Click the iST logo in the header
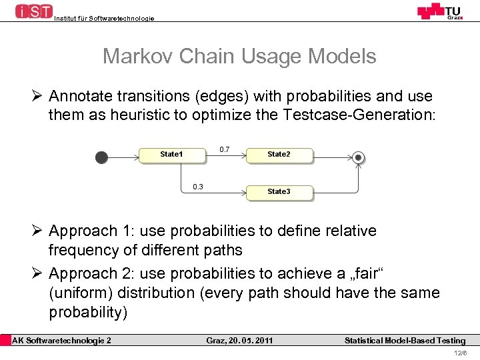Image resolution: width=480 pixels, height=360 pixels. coord(33,11)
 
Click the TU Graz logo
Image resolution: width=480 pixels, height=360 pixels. coord(440,11)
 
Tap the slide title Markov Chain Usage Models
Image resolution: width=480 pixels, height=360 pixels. coord(239,57)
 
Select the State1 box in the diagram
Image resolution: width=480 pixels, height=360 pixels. coord(171,155)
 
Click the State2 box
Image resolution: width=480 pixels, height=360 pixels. coord(279,155)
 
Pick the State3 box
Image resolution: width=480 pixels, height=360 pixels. coord(279,192)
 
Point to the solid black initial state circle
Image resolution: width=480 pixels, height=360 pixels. coord(101,157)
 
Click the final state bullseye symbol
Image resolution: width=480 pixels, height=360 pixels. coord(359,158)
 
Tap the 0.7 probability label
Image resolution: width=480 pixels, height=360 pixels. coord(225,149)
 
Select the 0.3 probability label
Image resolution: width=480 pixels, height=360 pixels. coord(198,187)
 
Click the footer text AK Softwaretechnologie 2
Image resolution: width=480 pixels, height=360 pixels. coord(62,341)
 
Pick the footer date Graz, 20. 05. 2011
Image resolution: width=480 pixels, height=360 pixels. coord(239,341)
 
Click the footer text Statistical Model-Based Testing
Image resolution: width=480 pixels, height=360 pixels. coord(405,341)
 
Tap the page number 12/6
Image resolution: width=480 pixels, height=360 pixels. coord(460,353)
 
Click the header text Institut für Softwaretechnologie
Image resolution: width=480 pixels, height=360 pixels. coord(103,19)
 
